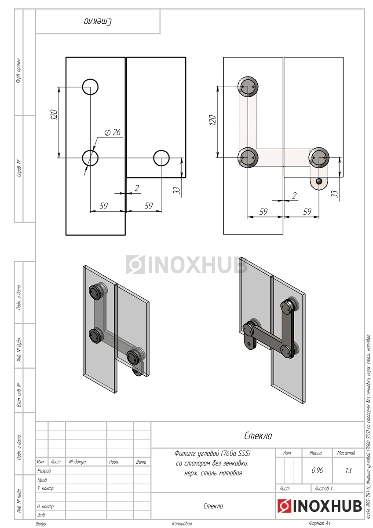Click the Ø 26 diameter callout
click(113, 132)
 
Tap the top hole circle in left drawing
click(90, 87)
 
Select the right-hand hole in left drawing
click(161, 158)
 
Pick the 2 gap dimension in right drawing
click(294, 195)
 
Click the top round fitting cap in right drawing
click(248, 86)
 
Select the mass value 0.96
click(317, 470)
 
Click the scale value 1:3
click(348, 470)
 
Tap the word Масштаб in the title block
click(346, 453)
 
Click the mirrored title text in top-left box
click(98, 22)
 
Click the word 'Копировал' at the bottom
click(182, 524)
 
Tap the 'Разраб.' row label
click(44, 470)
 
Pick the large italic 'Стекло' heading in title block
click(258, 436)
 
